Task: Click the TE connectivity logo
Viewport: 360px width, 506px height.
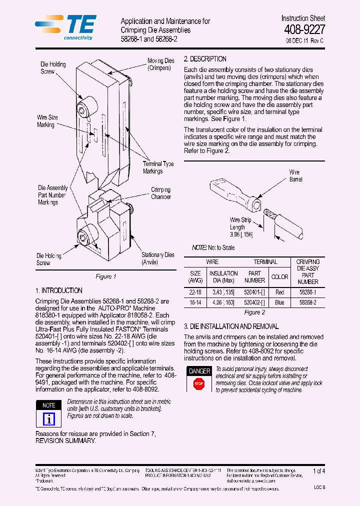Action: pyautogui.click(x=65, y=26)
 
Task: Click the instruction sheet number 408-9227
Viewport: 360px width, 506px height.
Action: pyautogui.click(x=304, y=29)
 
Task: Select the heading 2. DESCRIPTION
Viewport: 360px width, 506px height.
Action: pyautogui.click(x=205, y=58)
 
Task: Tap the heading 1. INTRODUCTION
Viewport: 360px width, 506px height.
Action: pyautogui.click(x=59, y=290)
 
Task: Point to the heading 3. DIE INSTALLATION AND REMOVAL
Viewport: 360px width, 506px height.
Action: pyautogui.click(x=231, y=326)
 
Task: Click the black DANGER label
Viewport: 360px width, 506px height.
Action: pyautogui.click(x=199, y=371)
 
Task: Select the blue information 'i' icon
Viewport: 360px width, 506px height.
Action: pyautogui.click(x=49, y=418)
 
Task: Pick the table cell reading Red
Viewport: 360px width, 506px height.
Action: pyautogui.click(x=279, y=292)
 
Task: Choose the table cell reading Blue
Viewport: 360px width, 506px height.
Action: pyautogui.click(x=279, y=302)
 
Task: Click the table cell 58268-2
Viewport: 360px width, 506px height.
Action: pyautogui.click(x=308, y=302)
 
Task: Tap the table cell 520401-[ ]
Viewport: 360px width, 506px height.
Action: pyautogui.click(x=254, y=292)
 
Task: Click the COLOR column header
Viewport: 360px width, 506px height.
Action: pyautogui.click(x=279, y=277)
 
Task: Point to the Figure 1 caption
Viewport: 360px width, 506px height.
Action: pyautogui.click(x=105, y=276)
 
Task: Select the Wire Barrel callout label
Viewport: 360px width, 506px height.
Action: pyautogui.click(x=295, y=175)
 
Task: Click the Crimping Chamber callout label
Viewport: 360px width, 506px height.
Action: pyautogui.click(x=160, y=193)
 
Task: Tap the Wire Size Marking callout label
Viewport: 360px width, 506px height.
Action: pyautogui.click(x=47, y=121)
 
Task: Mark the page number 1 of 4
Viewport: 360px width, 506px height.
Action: pyautogui.click(x=318, y=471)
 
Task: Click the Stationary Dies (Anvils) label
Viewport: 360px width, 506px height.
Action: pyautogui.click(x=157, y=258)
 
